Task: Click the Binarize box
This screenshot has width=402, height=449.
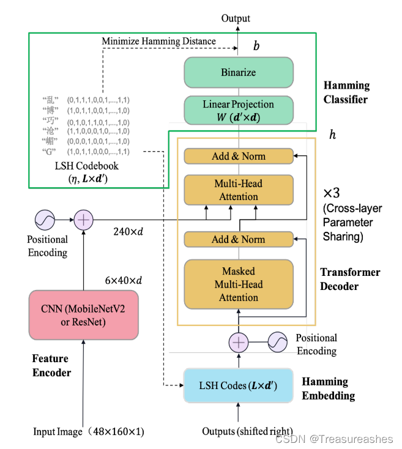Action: (239, 72)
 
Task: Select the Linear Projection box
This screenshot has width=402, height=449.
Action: (239, 110)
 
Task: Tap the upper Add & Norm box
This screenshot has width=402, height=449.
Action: (239, 156)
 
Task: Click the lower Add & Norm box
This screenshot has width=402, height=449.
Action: (239, 239)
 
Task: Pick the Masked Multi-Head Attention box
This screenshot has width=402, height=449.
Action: (239, 284)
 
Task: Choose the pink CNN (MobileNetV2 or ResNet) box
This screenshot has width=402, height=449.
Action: (84, 315)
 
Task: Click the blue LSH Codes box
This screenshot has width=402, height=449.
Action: (238, 385)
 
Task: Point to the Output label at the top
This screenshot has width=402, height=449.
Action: (236, 18)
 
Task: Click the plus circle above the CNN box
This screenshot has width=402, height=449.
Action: (84, 220)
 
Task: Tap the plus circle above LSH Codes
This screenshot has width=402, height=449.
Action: (239, 342)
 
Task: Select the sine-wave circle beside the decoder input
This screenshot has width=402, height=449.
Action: (277, 342)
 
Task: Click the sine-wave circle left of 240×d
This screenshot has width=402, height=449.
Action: (45, 220)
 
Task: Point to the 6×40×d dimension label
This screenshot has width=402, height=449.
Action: (124, 280)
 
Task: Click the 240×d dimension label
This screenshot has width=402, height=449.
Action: (128, 231)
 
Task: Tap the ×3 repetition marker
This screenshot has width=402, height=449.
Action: (332, 193)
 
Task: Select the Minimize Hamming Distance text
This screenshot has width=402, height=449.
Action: (159, 41)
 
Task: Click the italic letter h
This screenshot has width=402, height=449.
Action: (332, 135)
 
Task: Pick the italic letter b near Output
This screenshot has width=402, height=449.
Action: (256, 45)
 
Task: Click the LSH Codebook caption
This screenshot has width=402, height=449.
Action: (87, 172)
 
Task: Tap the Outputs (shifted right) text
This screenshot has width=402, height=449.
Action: (247, 431)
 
